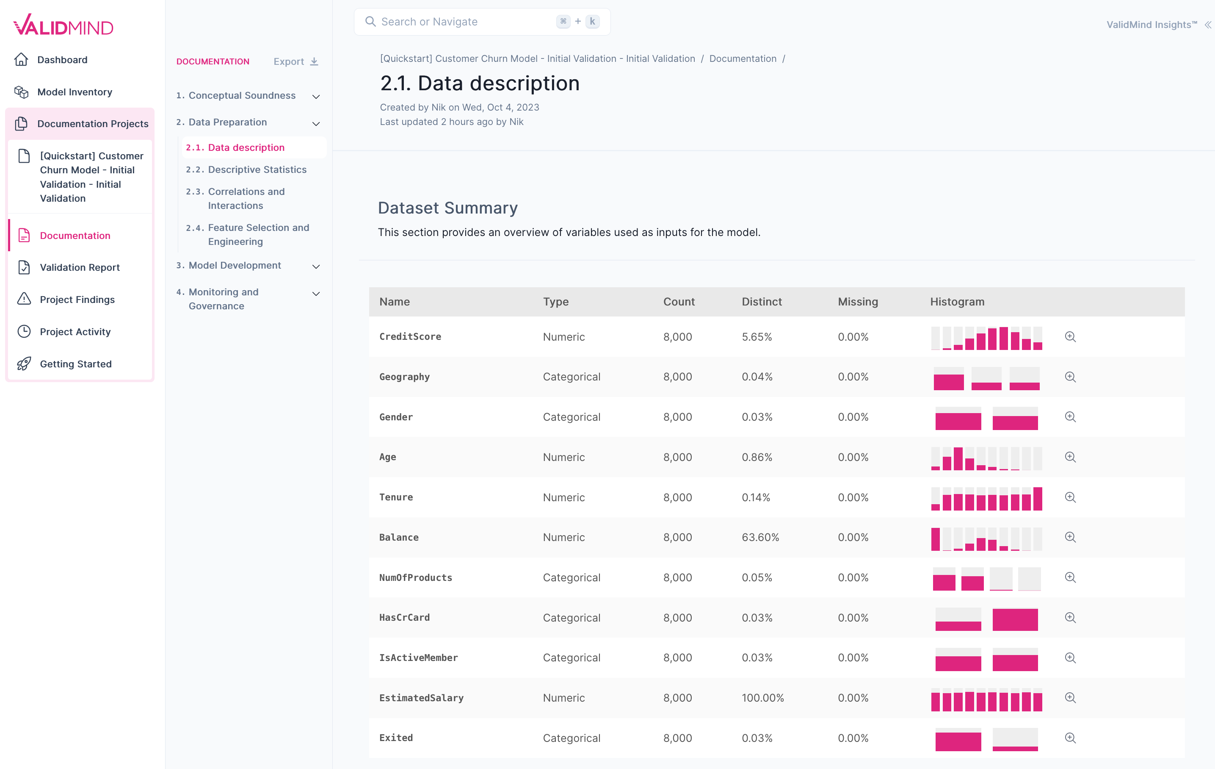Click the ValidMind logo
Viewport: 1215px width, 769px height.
click(x=63, y=25)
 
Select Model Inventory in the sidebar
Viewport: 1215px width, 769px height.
click(x=74, y=92)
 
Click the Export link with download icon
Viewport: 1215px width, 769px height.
click(x=295, y=61)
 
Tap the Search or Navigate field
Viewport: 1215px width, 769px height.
click(x=464, y=22)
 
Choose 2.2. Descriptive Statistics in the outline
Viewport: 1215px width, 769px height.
click(x=257, y=169)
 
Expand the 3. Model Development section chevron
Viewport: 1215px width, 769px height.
click(x=316, y=266)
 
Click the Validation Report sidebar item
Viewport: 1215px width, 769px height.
click(x=79, y=268)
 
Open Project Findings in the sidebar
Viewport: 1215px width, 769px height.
click(x=77, y=300)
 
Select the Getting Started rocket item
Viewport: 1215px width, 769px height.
click(x=75, y=364)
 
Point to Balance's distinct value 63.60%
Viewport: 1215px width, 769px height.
click(x=760, y=537)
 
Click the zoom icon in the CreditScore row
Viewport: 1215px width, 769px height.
click(x=1070, y=337)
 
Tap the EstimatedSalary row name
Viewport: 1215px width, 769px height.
click(x=421, y=698)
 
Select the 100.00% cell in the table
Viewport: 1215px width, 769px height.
click(x=762, y=698)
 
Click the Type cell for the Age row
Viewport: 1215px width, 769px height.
click(x=563, y=457)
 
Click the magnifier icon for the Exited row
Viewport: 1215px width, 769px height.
click(x=1070, y=738)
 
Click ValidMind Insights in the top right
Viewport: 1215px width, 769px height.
click(x=1151, y=25)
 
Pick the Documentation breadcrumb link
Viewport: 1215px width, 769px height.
click(x=742, y=58)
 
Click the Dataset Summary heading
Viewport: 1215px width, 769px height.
click(x=447, y=208)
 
